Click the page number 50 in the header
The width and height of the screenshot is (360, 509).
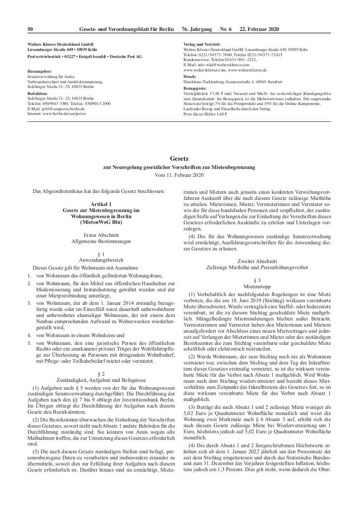pyautogui.click(x=30, y=29)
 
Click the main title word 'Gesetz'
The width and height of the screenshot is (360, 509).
pyautogui.click(x=180, y=159)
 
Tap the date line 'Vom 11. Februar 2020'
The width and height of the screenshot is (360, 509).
pyautogui.click(x=180, y=175)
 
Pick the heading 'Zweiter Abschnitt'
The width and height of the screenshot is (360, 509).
pyautogui.click(x=257, y=261)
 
